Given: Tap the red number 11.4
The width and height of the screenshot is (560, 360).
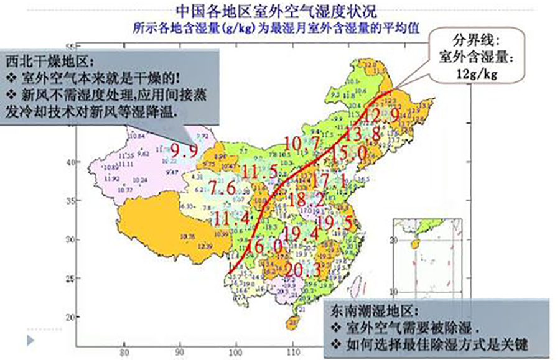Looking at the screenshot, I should pyautogui.click(x=231, y=218).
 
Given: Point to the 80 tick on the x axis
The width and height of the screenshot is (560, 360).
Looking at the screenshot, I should pyautogui.click(x=127, y=352).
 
